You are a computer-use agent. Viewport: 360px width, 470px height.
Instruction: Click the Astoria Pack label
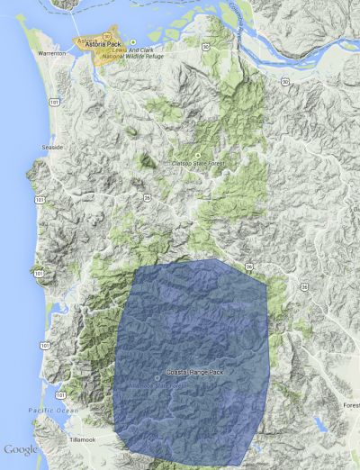point(103,42)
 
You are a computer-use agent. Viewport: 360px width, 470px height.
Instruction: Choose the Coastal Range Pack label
point(193,372)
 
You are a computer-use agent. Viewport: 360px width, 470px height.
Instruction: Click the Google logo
point(20,448)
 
